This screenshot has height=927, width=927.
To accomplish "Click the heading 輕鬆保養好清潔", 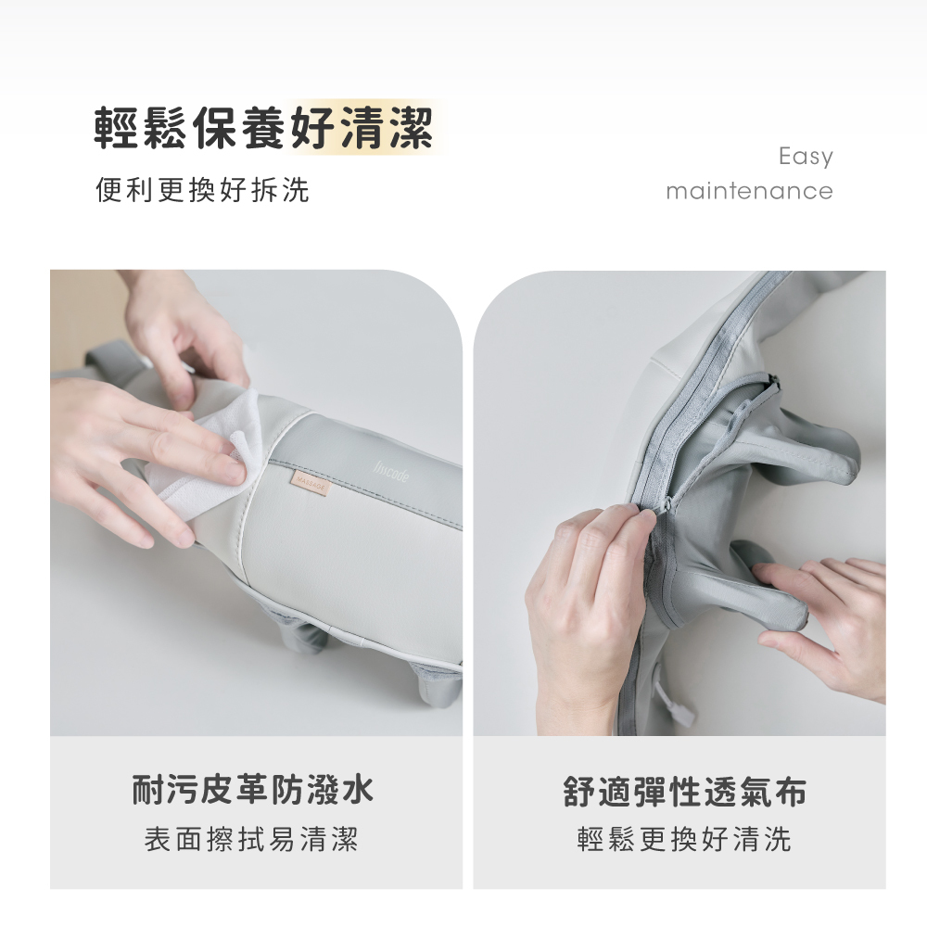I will [264, 128].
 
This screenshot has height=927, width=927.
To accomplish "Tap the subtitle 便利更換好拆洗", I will [202, 191].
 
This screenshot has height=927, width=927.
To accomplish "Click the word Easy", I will [805, 157].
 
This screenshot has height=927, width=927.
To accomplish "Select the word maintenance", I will [748, 192].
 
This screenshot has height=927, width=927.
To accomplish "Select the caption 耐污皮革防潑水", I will [252, 791].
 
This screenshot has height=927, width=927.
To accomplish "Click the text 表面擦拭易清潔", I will [252, 840].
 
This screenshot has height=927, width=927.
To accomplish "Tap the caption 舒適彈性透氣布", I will [684, 791].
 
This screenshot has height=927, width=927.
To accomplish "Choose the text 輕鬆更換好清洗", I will [684, 840].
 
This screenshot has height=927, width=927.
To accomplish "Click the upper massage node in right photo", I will [816, 454].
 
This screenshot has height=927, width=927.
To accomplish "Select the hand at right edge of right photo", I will [834, 621].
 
